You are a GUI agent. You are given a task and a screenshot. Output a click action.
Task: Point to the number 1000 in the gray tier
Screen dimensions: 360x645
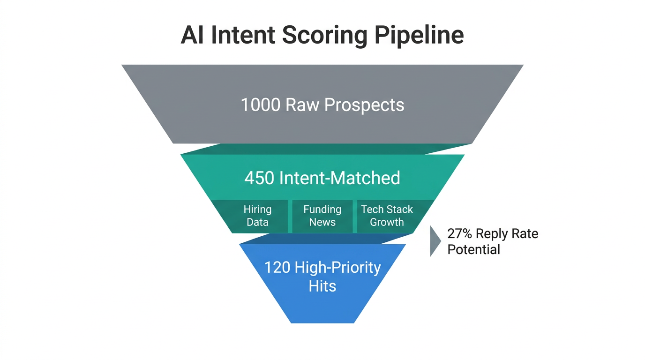click(x=260, y=105)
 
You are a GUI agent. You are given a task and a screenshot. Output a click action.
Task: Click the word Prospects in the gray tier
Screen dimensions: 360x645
click(x=364, y=105)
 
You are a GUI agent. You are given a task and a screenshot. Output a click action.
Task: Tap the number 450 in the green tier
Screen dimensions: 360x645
click(x=259, y=178)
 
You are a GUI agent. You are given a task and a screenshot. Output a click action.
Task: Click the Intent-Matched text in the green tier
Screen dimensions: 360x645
click(x=339, y=178)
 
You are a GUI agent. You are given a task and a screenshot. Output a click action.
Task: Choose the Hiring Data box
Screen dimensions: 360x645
click(x=257, y=216)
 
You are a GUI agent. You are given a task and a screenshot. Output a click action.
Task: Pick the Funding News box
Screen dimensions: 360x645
click(x=322, y=216)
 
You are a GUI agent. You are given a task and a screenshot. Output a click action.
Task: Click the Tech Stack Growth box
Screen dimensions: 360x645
click(x=387, y=216)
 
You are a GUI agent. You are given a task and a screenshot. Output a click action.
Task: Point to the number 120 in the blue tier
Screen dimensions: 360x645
click(x=277, y=268)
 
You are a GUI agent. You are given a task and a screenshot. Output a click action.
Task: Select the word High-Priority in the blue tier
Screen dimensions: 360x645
click(x=337, y=268)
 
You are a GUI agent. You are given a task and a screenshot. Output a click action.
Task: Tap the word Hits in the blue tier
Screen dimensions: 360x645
click(x=322, y=286)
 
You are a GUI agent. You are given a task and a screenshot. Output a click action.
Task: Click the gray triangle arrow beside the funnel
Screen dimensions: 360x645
click(x=435, y=241)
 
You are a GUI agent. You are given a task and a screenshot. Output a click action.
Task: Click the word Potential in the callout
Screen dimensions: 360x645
click(x=473, y=249)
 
